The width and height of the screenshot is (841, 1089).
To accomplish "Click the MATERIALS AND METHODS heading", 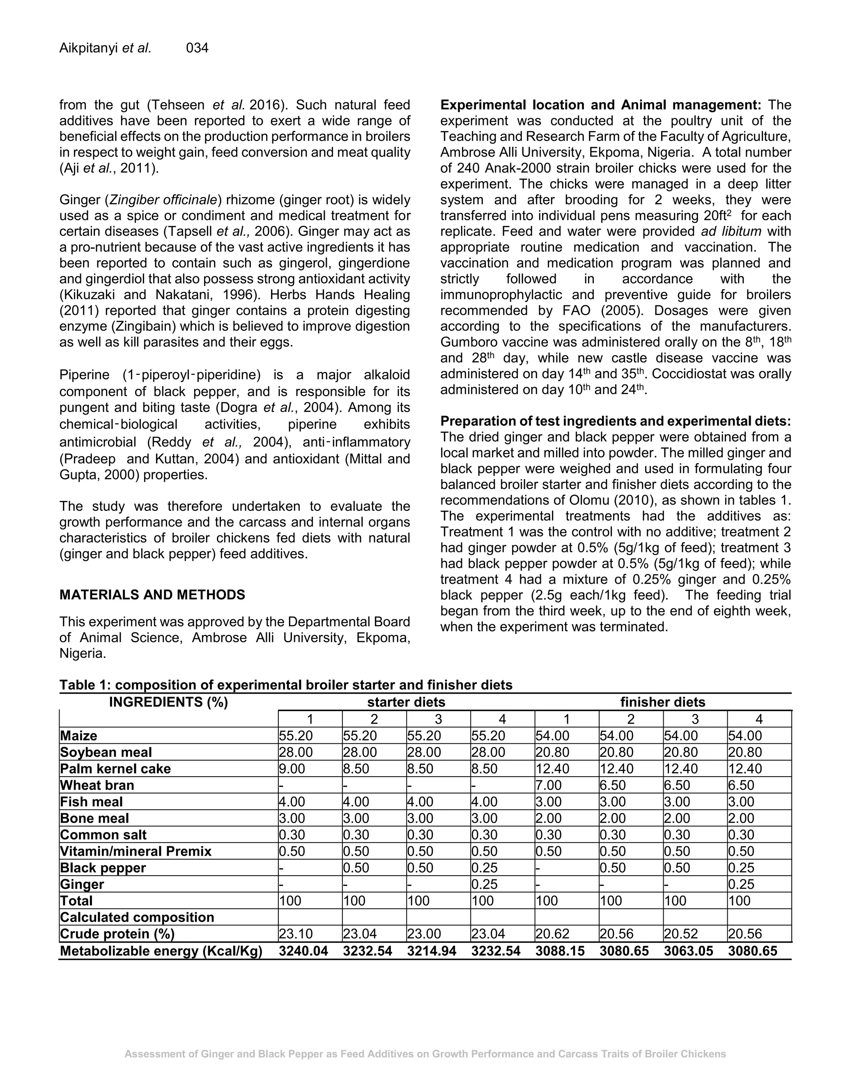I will [x=152, y=595].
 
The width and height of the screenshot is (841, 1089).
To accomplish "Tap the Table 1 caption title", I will [x=285, y=685].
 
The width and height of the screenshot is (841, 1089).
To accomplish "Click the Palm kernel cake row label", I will [x=115, y=768].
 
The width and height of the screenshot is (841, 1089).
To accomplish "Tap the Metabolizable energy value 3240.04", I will [x=303, y=951].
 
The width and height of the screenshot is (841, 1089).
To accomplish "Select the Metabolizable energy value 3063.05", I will [x=689, y=951].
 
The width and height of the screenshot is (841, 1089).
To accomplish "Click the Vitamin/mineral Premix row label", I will [x=136, y=851].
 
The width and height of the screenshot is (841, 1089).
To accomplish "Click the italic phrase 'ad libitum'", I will [x=731, y=231].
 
